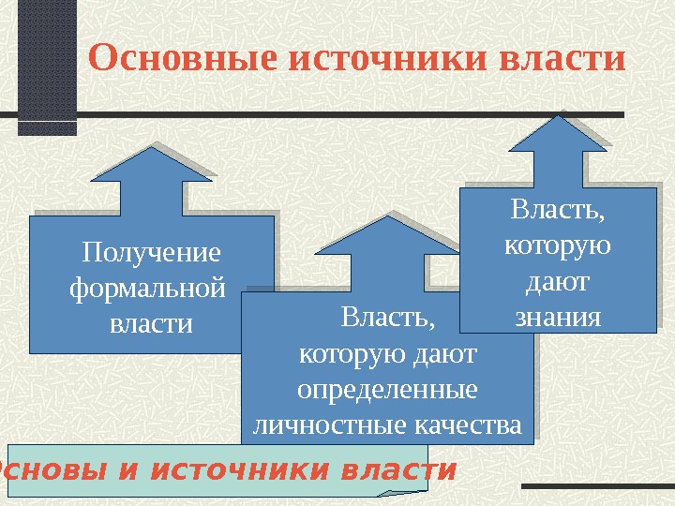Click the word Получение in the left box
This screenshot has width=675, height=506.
[x=152, y=253]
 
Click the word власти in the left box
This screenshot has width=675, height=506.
[x=151, y=323]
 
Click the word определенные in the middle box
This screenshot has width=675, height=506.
[x=387, y=388]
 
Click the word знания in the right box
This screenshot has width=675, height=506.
[x=558, y=317]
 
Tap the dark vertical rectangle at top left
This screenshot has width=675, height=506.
[x=47, y=66]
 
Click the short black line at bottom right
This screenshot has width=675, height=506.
[x=594, y=486]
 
